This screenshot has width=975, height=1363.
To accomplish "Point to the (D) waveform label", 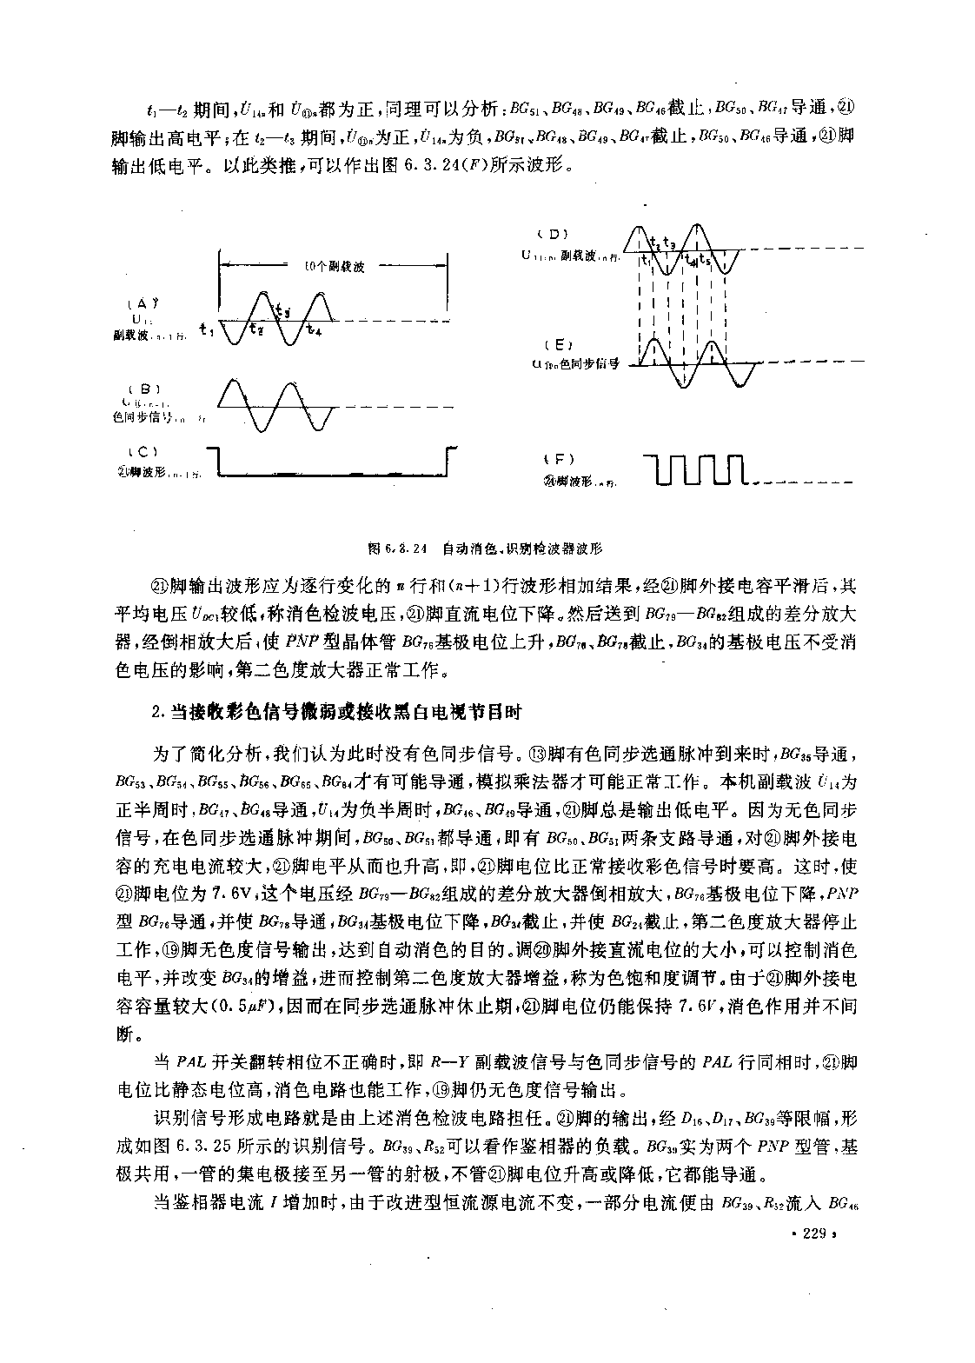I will [x=553, y=234].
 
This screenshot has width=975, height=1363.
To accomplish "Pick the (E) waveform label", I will [x=553, y=345].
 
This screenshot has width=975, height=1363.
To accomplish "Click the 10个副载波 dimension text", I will [x=335, y=267].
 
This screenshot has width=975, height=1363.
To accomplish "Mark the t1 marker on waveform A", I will [x=204, y=328].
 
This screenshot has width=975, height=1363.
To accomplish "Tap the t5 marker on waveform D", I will [x=706, y=260].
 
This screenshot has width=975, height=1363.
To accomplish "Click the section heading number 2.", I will [x=157, y=712].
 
